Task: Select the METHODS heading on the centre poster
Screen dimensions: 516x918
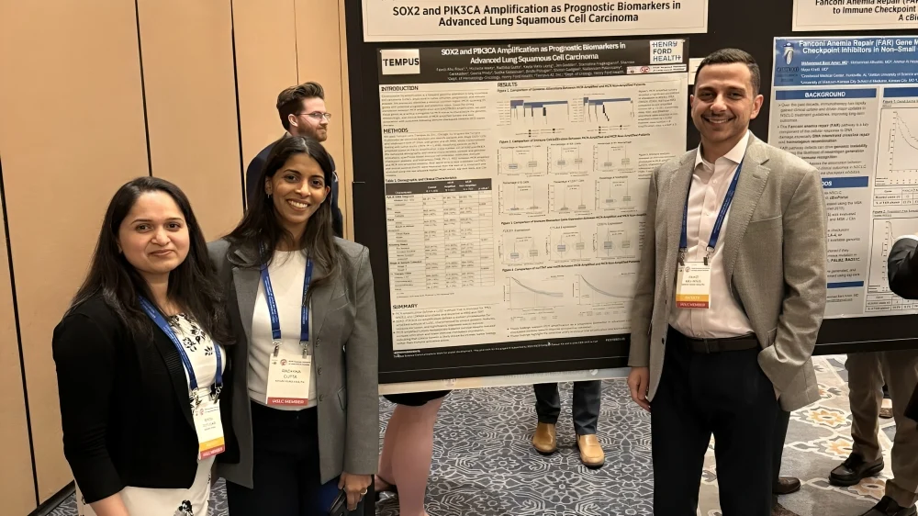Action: coord(396,130)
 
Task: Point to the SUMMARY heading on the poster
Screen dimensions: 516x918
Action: coord(405,306)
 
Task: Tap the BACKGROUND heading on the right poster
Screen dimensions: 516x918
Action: coord(823,94)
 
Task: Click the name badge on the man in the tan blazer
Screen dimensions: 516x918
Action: coord(693,284)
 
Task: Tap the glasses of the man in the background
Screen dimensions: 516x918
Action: coord(315,116)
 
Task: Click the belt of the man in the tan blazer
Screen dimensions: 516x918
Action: coord(725,343)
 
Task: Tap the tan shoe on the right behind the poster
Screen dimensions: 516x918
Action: coord(590,450)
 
